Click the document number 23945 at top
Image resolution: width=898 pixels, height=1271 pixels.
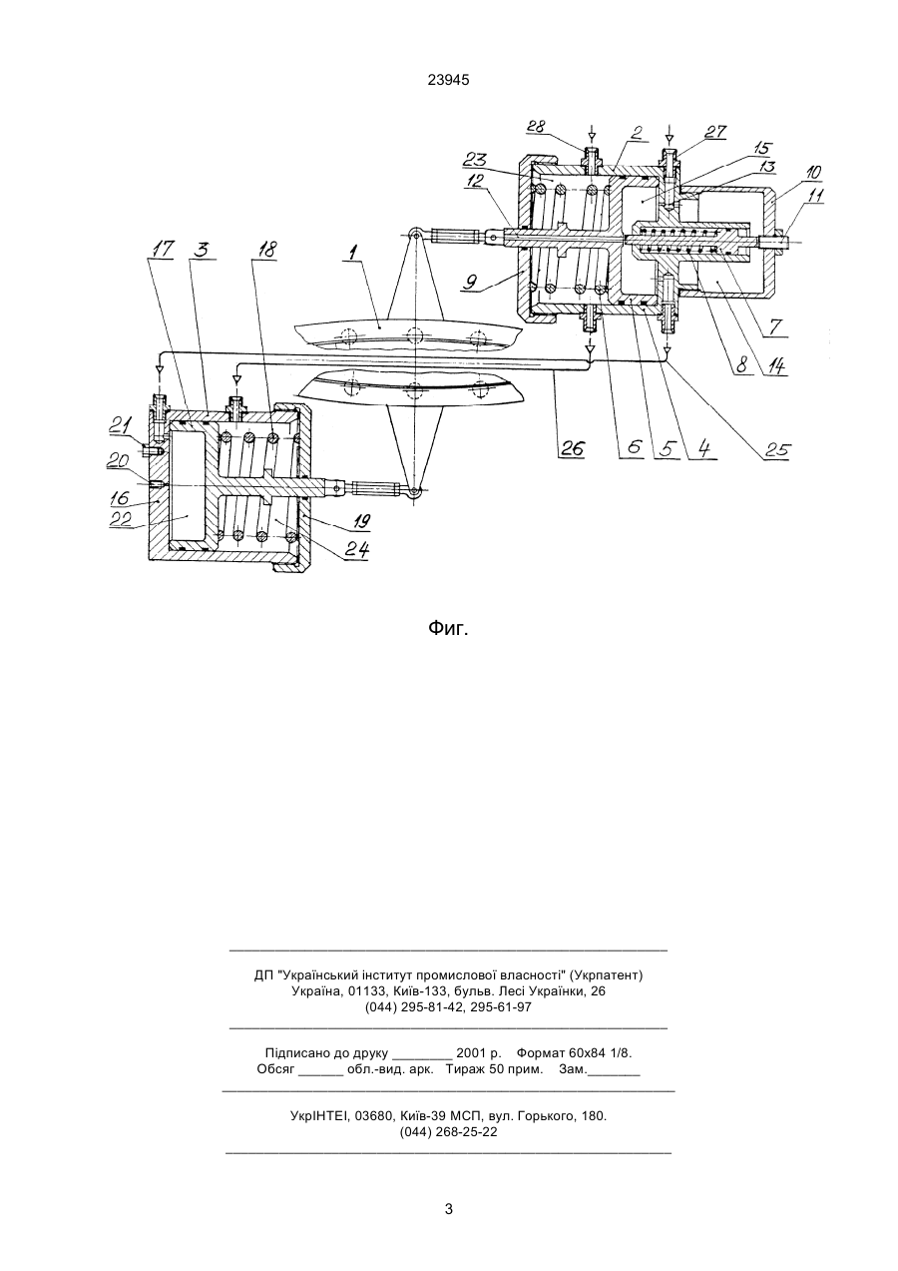(448, 81)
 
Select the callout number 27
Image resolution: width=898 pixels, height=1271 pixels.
(715, 132)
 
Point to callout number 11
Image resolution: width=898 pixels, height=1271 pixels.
(816, 196)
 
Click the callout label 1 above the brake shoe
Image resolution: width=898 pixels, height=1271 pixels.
(354, 252)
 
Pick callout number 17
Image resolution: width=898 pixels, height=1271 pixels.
(165, 250)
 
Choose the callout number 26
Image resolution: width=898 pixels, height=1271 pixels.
(574, 449)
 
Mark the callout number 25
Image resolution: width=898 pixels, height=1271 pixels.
(777, 449)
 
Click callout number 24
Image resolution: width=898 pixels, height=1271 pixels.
(358, 549)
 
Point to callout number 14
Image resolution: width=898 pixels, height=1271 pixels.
(777, 366)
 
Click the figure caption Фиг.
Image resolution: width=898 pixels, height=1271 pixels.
(448, 628)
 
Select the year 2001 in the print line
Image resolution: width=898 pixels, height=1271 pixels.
(471, 1053)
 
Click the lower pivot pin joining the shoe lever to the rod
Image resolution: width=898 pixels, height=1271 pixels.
(415, 491)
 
